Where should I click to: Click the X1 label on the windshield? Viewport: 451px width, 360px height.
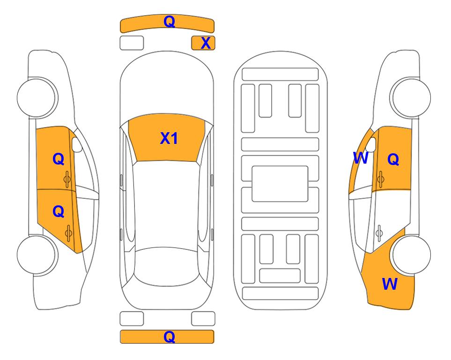coord(169,138)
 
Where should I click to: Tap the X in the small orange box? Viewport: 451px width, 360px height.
coord(206,43)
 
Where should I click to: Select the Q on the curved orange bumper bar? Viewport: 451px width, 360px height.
coord(169,22)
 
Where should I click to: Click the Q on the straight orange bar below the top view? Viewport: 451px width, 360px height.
coord(169,337)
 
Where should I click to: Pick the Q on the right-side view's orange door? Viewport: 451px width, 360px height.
coord(393,159)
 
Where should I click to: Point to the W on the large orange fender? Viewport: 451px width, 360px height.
coord(390,284)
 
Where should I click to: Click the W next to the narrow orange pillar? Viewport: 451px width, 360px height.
coord(361,158)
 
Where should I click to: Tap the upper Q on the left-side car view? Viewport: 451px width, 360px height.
coord(59,159)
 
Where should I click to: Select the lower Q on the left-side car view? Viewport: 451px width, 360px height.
coord(59,212)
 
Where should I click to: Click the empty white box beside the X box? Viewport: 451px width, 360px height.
coord(132,43)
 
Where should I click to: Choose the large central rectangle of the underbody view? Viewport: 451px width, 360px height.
coord(280,184)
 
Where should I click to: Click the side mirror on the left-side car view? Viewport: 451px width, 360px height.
coord(76,144)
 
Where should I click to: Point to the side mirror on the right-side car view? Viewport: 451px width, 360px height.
coord(371,144)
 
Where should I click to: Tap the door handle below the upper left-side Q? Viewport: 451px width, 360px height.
coord(67,179)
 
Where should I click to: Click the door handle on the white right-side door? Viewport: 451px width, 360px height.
coord(379,233)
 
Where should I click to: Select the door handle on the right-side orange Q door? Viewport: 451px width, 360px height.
coord(381,179)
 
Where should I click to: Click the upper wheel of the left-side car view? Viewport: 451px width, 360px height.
coord(37,97)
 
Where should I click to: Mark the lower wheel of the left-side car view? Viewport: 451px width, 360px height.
coord(37,255)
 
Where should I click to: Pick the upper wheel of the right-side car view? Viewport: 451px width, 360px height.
coord(411,97)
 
